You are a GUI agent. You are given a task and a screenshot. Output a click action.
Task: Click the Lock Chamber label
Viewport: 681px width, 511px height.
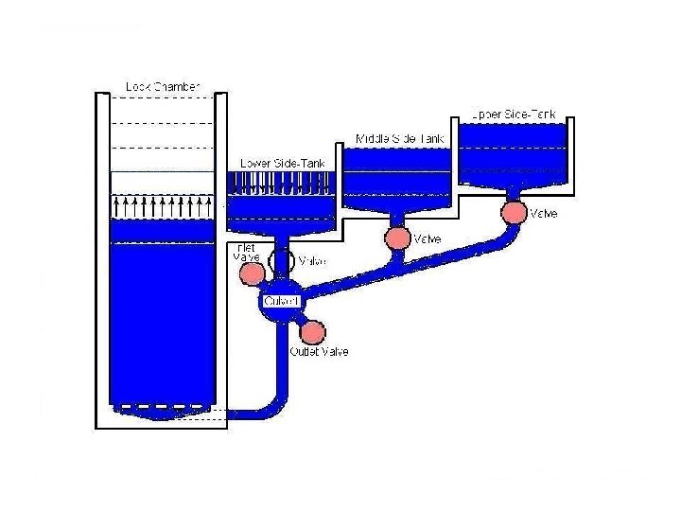tap(163, 87)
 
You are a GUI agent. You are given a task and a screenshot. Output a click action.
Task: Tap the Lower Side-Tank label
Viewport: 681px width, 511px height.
tap(283, 163)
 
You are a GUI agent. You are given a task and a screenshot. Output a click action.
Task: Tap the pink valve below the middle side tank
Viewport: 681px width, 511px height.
tap(397, 238)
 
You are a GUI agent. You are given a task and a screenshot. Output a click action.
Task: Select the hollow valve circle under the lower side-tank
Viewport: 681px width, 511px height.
tap(282, 260)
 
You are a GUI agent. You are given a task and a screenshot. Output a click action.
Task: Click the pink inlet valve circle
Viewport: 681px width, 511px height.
tap(253, 273)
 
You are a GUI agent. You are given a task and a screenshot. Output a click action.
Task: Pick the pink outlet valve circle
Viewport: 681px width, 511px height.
tap(312, 332)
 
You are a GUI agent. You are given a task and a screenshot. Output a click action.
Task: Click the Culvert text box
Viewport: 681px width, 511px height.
tap(282, 301)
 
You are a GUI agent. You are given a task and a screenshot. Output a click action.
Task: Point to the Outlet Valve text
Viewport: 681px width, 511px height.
tap(319, 352)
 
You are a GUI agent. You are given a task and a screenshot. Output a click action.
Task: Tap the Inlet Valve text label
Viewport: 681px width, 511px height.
tap(245, 252)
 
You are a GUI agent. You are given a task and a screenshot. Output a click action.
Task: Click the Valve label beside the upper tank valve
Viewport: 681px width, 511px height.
tap(544, 214)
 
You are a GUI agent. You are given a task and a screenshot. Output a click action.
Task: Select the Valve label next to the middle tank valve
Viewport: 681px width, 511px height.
tap(428, 238)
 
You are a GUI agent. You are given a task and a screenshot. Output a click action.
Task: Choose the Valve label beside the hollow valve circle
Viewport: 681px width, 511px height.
tap(313, 261)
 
